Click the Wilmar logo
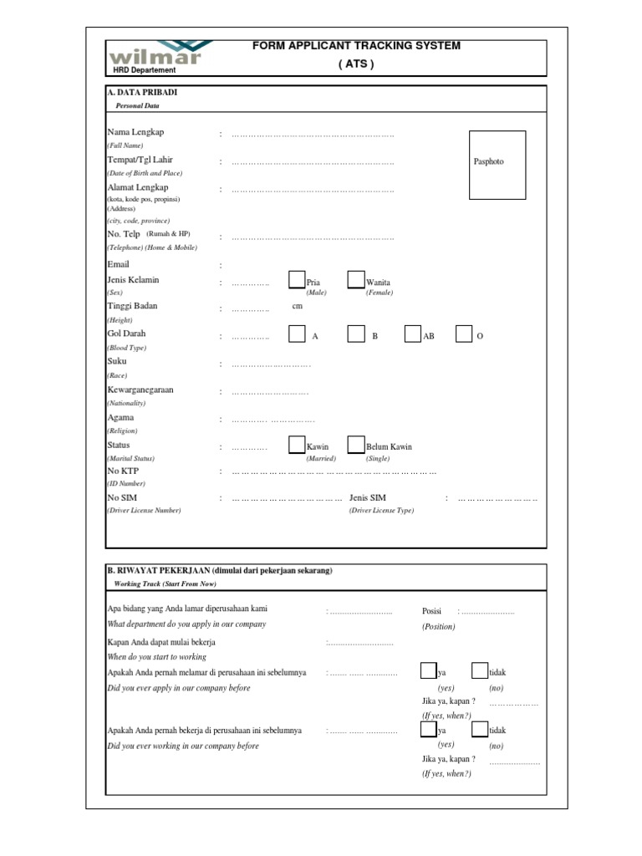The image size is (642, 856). click(x=155, y=53)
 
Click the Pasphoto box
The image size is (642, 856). click(x=497, y=165)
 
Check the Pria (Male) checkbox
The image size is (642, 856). click(x=297, y=280)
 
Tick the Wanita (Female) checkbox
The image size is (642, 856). click(x=356, y=280)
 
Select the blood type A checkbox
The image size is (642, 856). click(x=297, y=334)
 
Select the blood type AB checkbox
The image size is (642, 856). click(x=412, y=334)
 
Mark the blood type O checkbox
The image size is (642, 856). click(x=464, y=334)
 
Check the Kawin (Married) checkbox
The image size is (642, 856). click(x=297, y=445)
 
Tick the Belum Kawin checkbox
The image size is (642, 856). click(x=356, y=445)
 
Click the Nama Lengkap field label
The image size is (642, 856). click(x=135, y=133)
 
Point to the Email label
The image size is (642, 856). click(x=120, y=264)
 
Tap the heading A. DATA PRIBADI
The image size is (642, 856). click(x=142, y=92)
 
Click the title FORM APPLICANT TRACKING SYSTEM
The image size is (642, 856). click(x=356, y=46)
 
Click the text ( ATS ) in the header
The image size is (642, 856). click(x=356, y=64)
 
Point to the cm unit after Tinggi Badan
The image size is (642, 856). click(x=297, y=306)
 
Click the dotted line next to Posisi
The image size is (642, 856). click(x=488, y=612)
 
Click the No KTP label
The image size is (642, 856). click(x=122, y=471)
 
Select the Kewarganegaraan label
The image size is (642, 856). click(x=140, y=390)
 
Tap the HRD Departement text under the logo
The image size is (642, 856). click(x=145, y=70)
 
